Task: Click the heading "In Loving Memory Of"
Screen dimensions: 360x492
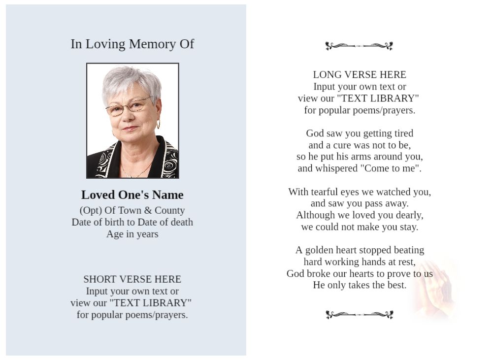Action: [x=132, y=44]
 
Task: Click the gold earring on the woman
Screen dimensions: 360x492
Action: [x=158, y=124]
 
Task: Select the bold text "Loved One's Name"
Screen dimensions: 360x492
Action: [x=132, y=195]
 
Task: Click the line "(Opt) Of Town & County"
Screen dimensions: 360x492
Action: [x=132, y=210]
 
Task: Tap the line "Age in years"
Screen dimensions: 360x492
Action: [x=132, y=234]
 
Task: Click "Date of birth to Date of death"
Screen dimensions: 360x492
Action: [x=132, y=222]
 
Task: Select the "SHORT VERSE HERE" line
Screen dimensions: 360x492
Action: [x=132, y=279]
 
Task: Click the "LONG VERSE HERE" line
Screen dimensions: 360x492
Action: [x=360, y=75]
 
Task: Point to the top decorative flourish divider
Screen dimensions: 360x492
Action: [x=359, y=46]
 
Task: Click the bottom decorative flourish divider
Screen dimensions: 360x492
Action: [x=359, y=315]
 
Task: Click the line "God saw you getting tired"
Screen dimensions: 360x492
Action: [x=360, y=133]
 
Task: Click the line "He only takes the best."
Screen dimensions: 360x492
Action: [x=360, y=285]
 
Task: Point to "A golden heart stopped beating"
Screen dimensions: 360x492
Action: [x=360, y=250]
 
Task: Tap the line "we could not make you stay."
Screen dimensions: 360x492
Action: [x=360, y=227]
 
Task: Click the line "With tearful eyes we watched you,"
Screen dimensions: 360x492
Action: [x=360, y=192]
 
